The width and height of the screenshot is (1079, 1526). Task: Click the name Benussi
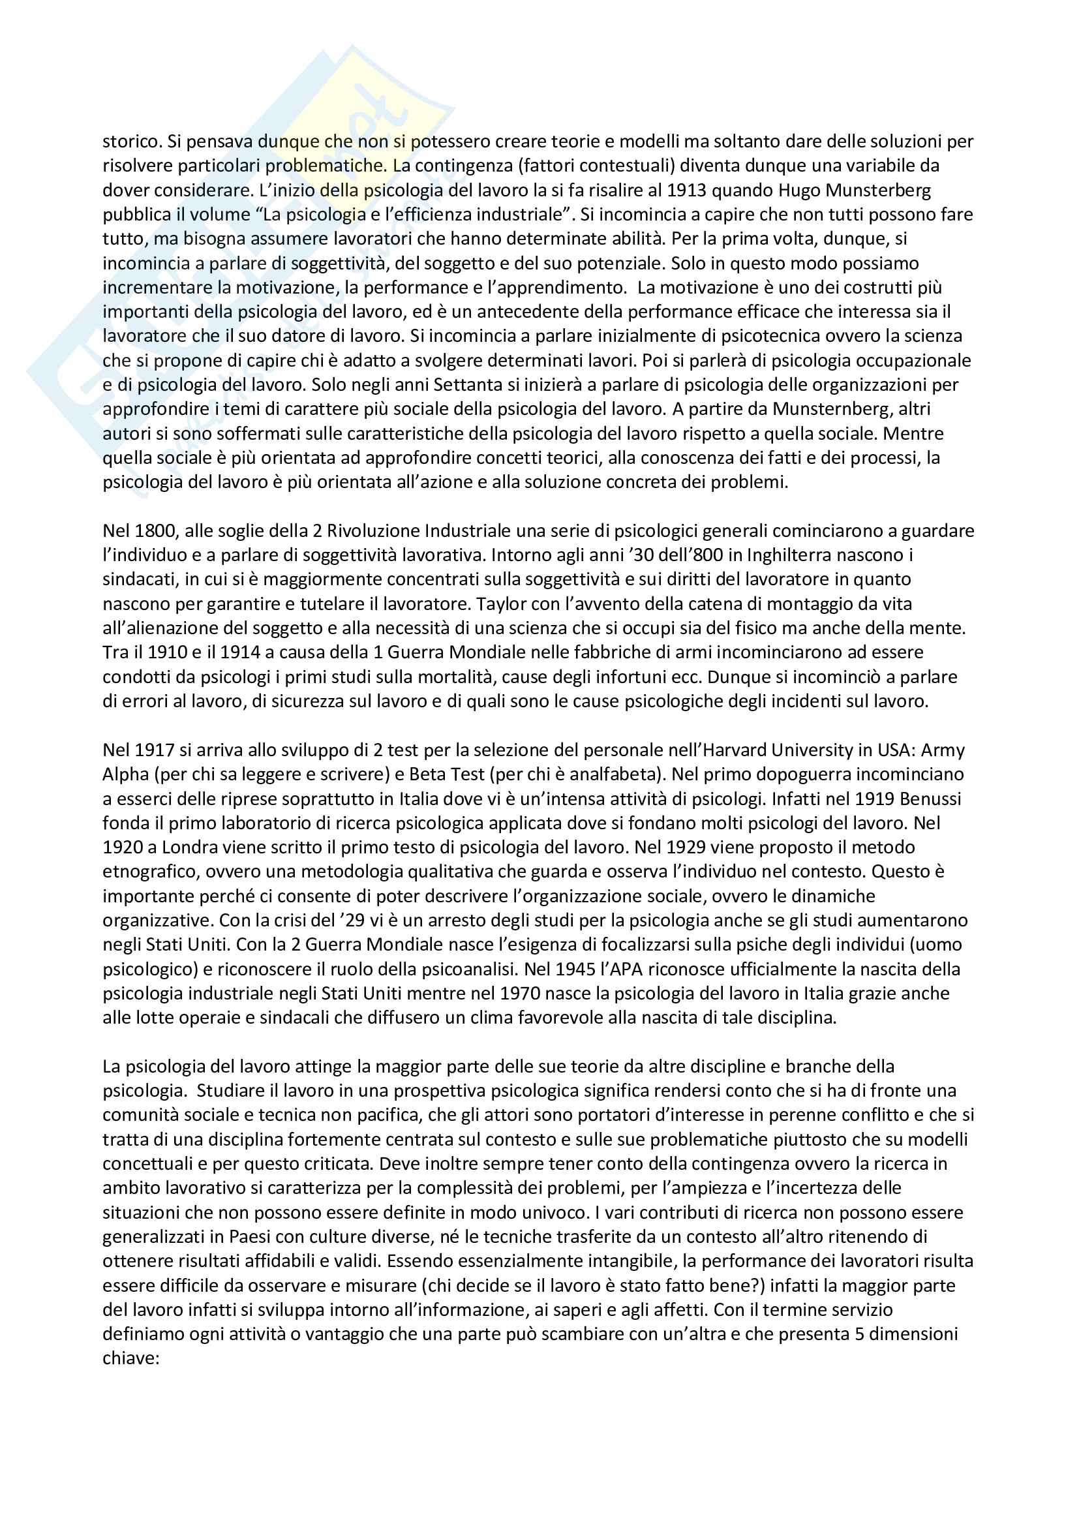931,799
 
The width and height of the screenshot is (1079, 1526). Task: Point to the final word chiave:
131,1358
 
